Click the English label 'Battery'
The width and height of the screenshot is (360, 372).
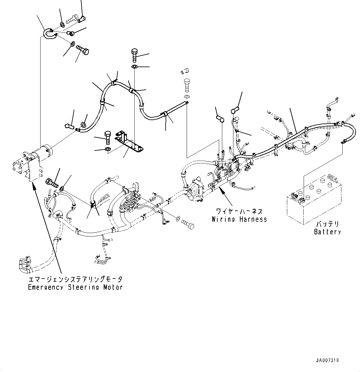pyautogui.click(x=327, y=231)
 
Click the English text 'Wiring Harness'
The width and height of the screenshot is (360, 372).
pyautogui.click(x=239, y=219)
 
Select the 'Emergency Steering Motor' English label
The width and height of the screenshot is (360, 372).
pyautogui.click(x=75, y=287)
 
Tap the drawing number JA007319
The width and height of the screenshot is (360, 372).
pyautogui.click(x=327, y=361)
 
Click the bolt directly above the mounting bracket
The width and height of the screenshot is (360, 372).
pyautogui.click(x=135, y=55)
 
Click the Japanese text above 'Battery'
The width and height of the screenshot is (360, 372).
pyautogui.click(x=327, y=224)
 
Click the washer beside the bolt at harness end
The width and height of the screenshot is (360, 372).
pyautogui.click(x=177, y=219)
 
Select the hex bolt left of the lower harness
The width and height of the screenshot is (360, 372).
pyautogui.click(x=52, y=182)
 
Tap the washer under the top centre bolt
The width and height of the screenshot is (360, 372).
pyautogui.click(x=135, y=67)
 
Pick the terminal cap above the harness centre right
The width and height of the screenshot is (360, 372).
pyautogui.click(x=236, y=111)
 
